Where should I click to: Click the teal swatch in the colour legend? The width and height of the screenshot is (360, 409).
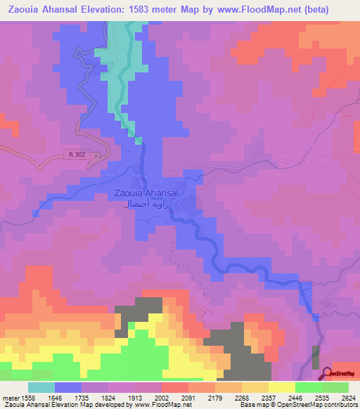(x=41, y=387)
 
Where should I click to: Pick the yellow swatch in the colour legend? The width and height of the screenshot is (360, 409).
(x=281, y=387)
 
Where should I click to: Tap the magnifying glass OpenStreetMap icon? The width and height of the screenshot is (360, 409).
(x=327, y=372)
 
